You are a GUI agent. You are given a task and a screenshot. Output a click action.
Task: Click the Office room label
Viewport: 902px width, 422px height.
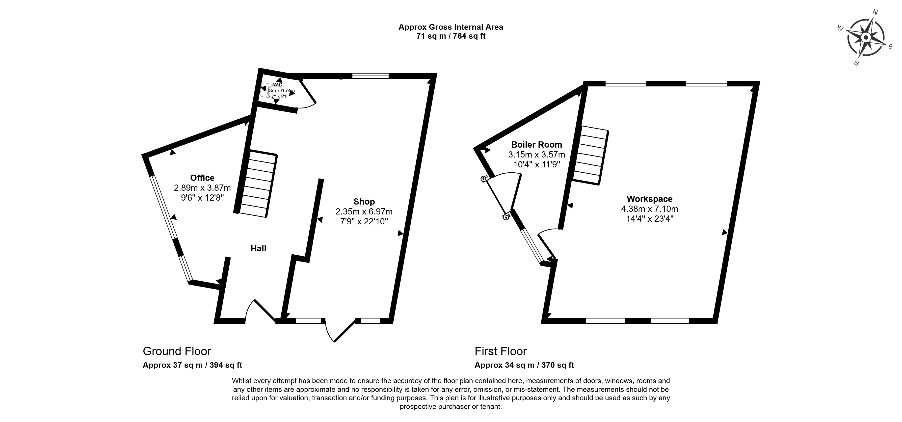(x=202, y=178)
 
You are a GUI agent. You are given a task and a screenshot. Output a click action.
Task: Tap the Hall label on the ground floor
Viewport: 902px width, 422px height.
(x=258, y=248)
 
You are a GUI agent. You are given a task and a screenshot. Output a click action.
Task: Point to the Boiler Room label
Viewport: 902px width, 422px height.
(x=536, y=144)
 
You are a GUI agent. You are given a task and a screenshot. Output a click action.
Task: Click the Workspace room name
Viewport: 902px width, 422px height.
(x=650, y=199)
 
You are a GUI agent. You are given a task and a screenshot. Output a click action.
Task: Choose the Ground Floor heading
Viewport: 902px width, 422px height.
(x=177, y=351)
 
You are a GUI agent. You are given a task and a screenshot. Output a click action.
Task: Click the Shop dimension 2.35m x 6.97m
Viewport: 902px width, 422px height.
(x=364, y=211)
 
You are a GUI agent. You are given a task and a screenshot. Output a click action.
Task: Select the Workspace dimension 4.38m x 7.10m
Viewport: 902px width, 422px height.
(x=650, y=209)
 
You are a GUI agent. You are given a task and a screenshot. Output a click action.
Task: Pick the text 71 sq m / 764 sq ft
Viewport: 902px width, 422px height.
(x=451, y=36)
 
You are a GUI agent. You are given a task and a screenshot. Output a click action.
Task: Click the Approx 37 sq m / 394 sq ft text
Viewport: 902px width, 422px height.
(x=192, y=365)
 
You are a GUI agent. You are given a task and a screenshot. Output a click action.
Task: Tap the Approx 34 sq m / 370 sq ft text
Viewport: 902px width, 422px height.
(x=524, y=365)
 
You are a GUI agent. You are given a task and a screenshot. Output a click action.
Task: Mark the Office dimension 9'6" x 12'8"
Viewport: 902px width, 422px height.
(x=202, y=198)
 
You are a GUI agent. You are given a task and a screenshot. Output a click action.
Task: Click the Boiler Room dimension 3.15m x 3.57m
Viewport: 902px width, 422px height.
(x=536, y=155)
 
